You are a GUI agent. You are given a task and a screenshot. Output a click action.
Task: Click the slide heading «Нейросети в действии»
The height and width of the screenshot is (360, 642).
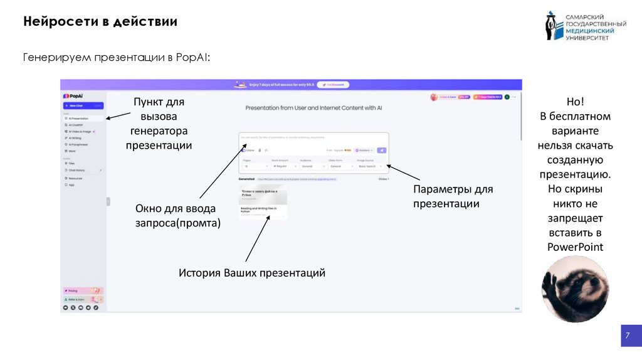100,22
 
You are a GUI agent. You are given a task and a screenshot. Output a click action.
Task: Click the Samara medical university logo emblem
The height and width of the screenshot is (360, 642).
551,26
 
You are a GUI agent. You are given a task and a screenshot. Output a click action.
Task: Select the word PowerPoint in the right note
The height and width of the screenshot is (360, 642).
575,247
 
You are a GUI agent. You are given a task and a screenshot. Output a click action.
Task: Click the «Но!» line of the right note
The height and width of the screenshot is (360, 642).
575,102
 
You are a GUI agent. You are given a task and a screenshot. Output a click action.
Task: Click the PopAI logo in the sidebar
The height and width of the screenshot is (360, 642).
73,96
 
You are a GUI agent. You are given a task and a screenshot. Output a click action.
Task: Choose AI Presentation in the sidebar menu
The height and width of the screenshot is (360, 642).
78,118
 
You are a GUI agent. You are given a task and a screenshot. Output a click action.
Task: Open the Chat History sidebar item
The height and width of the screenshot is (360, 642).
78,170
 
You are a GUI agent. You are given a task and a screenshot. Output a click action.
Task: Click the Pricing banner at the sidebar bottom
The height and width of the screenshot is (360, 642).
83,291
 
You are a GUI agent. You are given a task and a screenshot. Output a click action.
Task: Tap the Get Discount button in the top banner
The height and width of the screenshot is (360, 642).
333,85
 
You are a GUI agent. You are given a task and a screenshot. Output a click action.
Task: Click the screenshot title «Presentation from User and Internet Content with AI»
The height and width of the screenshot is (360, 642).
313,108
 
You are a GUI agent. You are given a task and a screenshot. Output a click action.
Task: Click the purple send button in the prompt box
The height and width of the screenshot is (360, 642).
381,151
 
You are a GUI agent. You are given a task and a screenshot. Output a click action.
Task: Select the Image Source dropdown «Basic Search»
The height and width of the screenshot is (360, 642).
371,166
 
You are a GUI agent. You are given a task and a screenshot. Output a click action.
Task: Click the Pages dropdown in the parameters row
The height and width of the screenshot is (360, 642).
254,166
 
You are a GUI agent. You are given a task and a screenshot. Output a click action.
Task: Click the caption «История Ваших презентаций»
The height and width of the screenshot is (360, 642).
252,273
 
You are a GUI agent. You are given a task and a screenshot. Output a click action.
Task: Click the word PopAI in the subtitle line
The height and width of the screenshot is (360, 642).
191,58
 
